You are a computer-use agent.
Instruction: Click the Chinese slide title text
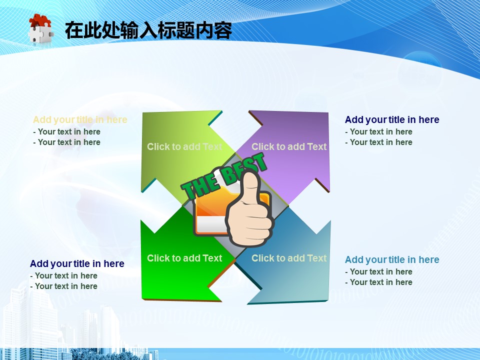pyautogui.click(x=148, y=30)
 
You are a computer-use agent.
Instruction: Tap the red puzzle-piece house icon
pyautogui.click(x=40, y=28)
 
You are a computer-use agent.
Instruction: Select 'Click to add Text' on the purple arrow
pyautogui.click(x=289, y=146)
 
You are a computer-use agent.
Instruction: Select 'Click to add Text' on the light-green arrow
pyautogui.click(x=184, y=146)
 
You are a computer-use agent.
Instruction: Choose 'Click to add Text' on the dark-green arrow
pyautogui.click(x=184, y=258)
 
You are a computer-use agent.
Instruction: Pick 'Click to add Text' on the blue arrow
pyautogui.click(x=289, y=258)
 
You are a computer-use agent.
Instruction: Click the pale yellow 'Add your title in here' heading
pyautogui.click(x=80, y=119)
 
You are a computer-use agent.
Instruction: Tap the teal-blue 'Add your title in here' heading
pyautogui.click(x=392, y=259)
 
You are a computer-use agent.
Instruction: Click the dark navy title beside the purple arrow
pyautogui.click(x=392, y=119)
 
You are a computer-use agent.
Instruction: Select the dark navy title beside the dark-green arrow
pyautogui.click(x=77, y=263)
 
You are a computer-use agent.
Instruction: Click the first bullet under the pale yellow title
pyautogui.click(x=66, y=131)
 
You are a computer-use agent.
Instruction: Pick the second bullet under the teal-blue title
pyautogui.click(x=378, y=282)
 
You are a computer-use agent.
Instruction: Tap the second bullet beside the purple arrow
pyautogui.click(x=378, y=142)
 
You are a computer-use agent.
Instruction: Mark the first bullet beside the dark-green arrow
pyautogui.click(x=63, y=276)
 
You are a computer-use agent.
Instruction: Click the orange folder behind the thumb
pyautogui.click(x=211, y=211)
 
